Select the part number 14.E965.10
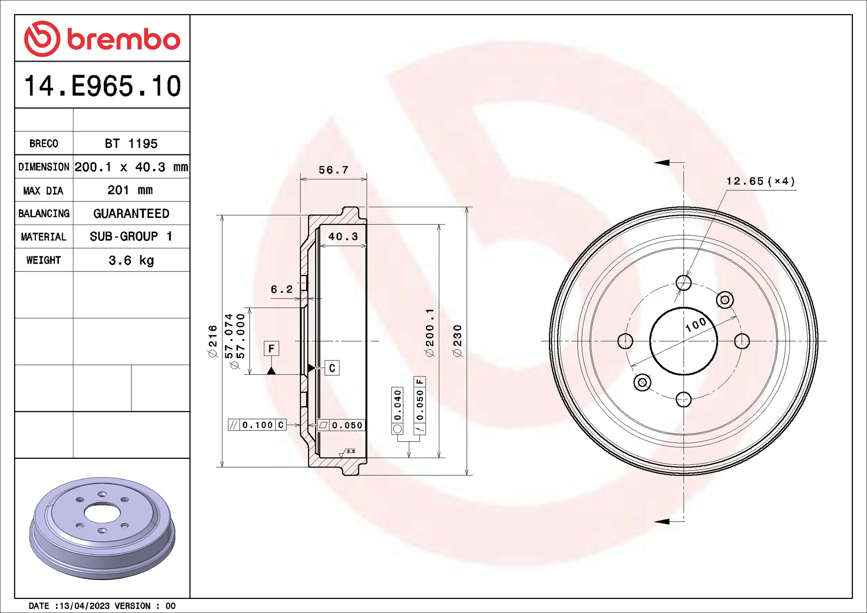pyautogui.click(x=102, y=86)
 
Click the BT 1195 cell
pyautogui.click(x=131, y=143)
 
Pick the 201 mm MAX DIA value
pyautogui.click(x=130, y=190)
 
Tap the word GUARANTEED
pyautogui.click(x=131, y=213)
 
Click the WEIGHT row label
pyautogui.click(x=43, y=260)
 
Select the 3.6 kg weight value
pyautogui.click(x=131, y=260)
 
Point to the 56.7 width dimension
pyautogui.click(x=333, y=170)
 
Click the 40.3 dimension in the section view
pyautogui.click(x=343, y=236)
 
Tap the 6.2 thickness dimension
pyautogui.click(x=281, y=289)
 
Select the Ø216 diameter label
pyautogui.click(x=213, y=341)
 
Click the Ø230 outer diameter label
pyautogui.click(x=457, y=341)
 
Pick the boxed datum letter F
pyautogui.click(x=271, y=349)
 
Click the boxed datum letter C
pyautogui.click(x=332, y=368)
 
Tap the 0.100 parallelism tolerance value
pyautogui.click(x=258, y=425)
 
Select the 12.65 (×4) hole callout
pyautogui.click(x=760, y=181)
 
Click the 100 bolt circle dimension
pyautogui.click(x=696, y=325)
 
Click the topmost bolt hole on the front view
pyautogui.click(x=684, y=283)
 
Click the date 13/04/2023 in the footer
pyautogui.click(x=84, y=606)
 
